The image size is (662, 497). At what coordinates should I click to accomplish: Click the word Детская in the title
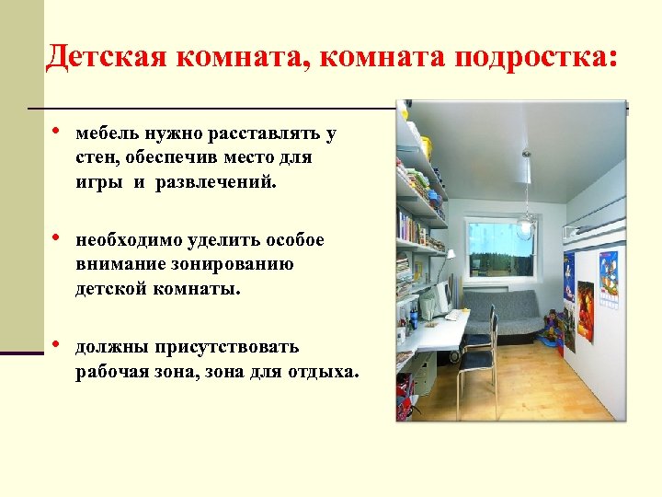pyautogui.click(x=102, y=57)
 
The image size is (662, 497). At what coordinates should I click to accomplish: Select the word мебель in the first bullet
pyautogui.click(x=106, y=134)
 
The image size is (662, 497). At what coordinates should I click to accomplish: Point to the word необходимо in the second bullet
pyautogui.click(x=131, y=241)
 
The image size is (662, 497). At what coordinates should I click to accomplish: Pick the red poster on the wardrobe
pyautogui.click(x=585, y=311)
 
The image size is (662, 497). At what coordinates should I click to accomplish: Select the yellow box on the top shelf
pyautogui.click(x=425, y=145)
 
